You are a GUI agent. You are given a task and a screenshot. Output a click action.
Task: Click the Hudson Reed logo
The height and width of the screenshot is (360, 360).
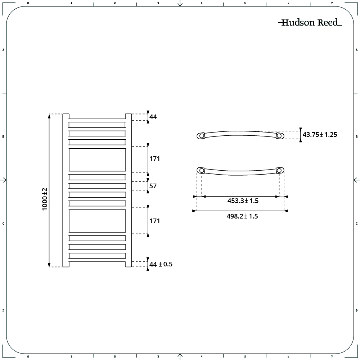[310, 23]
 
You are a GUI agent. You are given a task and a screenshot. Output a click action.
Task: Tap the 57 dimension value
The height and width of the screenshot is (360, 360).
[153, 186]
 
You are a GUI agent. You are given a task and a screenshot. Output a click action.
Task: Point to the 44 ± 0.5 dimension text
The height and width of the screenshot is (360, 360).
[161, 264]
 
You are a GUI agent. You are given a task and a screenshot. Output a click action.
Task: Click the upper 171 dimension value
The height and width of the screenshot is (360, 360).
[154, 159]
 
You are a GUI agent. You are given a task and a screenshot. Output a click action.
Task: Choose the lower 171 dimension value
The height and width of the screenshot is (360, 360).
[154, 221]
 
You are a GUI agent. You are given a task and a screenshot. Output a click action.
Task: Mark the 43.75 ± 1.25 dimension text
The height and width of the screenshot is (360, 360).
[320, 135]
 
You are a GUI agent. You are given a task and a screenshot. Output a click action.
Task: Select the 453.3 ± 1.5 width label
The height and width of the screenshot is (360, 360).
[243, 201]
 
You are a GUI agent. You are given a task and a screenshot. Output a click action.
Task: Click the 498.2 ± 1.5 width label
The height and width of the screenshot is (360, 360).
[242, 216]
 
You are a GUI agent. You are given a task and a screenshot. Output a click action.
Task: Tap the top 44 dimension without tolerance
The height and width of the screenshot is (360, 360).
[153, 117]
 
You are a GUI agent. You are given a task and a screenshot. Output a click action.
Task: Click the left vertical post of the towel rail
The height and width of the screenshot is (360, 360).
[66, 190]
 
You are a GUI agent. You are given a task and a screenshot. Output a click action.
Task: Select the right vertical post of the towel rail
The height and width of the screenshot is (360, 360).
[128, 190]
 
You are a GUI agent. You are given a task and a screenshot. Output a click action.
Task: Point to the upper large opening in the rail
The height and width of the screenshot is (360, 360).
[97, 160]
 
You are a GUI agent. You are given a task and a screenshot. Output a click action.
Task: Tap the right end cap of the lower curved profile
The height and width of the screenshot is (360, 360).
[280, 170]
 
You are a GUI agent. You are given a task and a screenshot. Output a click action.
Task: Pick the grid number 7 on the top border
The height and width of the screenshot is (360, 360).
[332, 3]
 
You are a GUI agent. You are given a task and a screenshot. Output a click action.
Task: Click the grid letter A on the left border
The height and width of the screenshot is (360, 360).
[3, 50]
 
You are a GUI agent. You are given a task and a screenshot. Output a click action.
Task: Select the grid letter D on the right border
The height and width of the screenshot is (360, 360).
[356, 310]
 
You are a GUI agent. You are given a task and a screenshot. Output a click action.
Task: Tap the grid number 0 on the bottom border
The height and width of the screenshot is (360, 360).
[28, 357]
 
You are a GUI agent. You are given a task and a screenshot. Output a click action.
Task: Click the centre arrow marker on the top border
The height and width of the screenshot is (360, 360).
[180, 4]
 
